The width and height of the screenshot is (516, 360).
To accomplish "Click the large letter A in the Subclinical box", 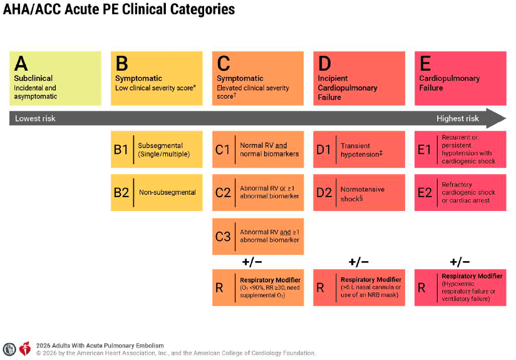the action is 21,63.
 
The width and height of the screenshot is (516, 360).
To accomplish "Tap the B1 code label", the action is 121,150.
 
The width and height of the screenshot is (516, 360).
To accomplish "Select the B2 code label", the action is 121,192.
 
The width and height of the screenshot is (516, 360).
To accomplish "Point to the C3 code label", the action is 223,237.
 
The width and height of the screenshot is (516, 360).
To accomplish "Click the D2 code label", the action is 324,192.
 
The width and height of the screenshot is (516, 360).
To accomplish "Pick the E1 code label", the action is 424,150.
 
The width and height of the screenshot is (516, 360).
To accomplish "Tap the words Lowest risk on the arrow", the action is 35,118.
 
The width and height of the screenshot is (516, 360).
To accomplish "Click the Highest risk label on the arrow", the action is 457,118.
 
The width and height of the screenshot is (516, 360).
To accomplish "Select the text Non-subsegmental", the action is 167,192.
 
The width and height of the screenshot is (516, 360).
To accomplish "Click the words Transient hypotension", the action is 361,150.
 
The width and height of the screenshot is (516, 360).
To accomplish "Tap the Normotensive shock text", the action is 363,194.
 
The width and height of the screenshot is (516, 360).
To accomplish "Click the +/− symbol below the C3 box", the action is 252,262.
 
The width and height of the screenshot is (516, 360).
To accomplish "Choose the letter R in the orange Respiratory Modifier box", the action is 219,288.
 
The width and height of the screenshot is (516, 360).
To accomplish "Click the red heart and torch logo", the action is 25,349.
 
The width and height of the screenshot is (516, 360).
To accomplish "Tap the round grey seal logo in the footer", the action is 9,349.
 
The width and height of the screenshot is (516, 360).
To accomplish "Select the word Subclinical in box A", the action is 33,78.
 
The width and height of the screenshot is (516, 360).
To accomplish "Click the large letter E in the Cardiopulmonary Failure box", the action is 425,63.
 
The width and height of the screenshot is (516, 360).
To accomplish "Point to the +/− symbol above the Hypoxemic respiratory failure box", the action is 460,262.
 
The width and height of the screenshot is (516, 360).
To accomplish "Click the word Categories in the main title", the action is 202,9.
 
